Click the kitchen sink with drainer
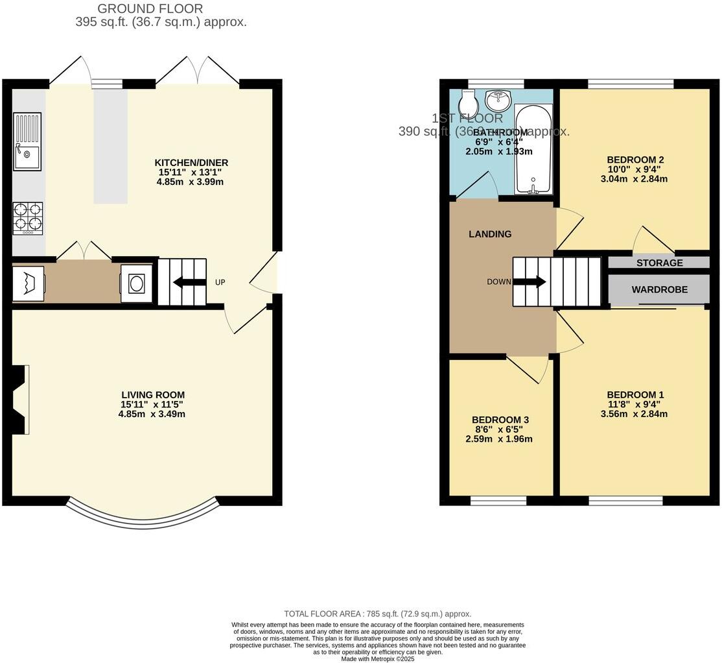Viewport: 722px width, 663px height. point(27,141)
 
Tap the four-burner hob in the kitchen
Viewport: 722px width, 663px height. point(28,218)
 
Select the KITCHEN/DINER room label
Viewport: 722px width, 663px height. point(191,163)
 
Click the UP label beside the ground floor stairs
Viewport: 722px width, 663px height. point(220,282)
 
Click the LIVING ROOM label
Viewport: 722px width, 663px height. point(153,394)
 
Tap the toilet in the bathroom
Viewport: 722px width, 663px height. point(468,103)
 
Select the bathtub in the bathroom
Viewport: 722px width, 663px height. point(533,151)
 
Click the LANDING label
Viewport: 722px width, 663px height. point(490,234)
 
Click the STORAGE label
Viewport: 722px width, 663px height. point(659,263)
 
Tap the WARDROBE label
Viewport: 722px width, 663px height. point(659,289)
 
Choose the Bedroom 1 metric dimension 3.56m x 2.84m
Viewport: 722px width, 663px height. point(634,414)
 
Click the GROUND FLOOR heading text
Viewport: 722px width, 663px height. point(150,8)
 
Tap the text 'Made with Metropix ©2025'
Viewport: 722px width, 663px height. point(378,659)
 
